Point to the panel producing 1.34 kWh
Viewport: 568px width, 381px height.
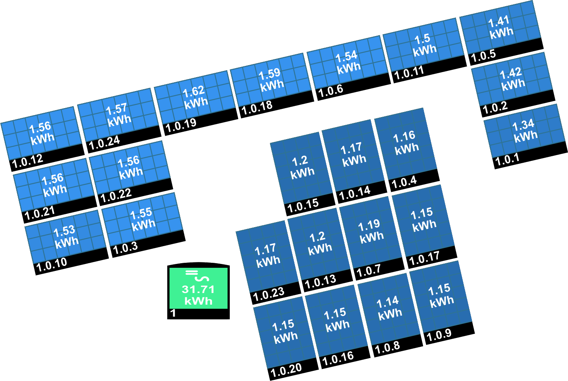click(x=525, y=132)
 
